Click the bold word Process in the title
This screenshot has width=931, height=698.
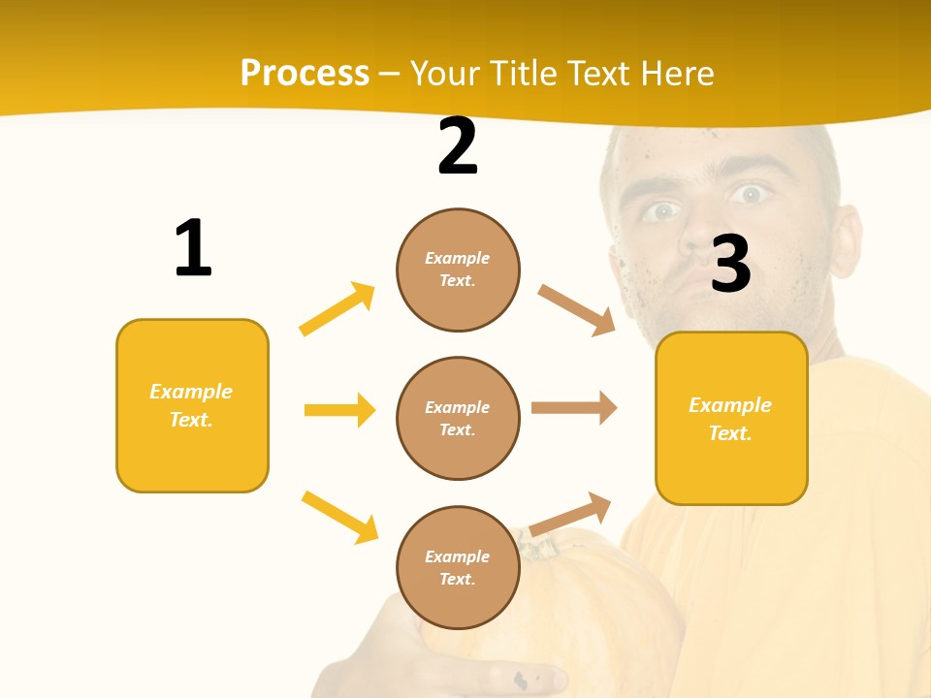click(305, 74)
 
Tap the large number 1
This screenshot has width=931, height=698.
click(193, 248)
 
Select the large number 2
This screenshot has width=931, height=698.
click(458, 146)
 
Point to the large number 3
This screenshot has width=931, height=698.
click(730, 264)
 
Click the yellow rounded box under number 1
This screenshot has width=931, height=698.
click(192, 405)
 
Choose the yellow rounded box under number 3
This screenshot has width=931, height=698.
click(731, 418)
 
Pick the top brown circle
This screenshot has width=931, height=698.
click(458, 270)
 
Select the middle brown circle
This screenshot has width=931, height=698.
click(458, 418)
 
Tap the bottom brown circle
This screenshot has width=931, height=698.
click(458, 567)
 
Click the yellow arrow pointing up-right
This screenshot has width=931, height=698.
click(337, 309)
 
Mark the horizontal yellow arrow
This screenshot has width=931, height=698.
click(339, 410)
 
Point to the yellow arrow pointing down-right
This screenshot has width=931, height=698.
click(339, 517)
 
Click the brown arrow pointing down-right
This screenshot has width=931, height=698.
click(577, 310)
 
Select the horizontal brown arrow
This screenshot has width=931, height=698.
click(574, 407)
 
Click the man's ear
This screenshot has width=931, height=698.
click(847, 242)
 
